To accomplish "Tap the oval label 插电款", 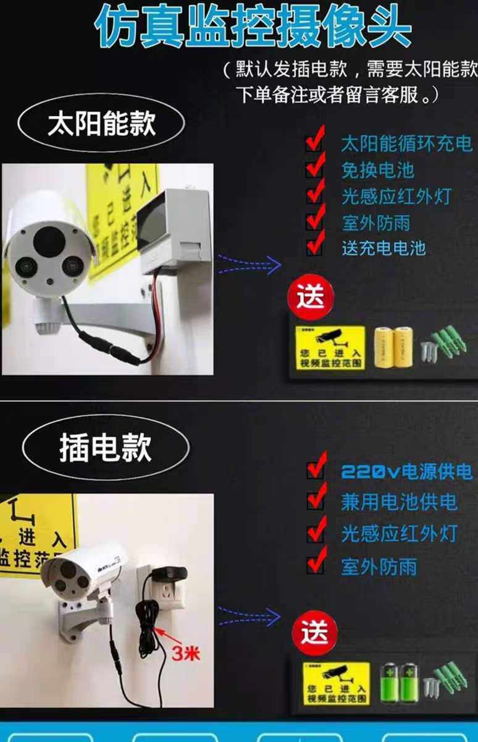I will click(x=105, y=447).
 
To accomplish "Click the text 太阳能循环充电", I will click(x=406, y=144).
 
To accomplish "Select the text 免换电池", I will click(x=377, y=170).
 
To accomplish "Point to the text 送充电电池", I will click(x=384, y=248).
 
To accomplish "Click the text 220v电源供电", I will click(x=406, y=472).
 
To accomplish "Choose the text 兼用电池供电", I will click(x=399, y=501).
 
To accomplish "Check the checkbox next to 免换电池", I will click(x=316, y=168).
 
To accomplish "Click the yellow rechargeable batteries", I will click(x=393, y=346).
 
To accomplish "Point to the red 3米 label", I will click(x=185, y=653).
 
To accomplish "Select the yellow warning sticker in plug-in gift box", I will click(x=336, y=683).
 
